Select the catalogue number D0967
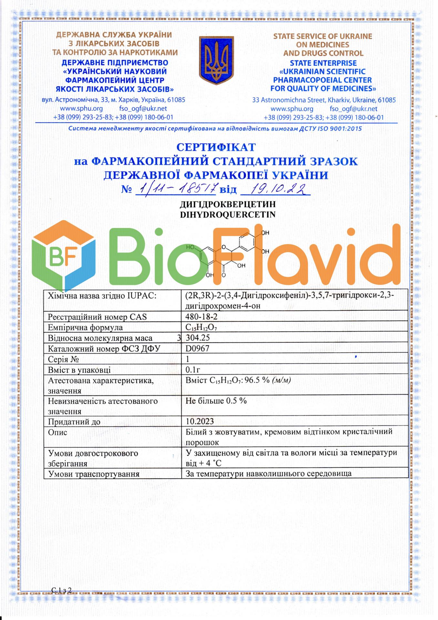pos(198,348)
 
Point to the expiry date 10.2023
pos(200,421)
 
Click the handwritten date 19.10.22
pos(275,189)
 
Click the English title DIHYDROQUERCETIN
pos(228,214)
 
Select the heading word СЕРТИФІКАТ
pos(216,147)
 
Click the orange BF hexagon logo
pos(64,255)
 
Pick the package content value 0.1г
pos(193,370)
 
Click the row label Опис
pos(57,432)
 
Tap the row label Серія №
pos(63,359)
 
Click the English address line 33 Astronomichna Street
pos(324,100)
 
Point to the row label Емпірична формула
pos(85,327)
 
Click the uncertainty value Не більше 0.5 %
pos(216,401)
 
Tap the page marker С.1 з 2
pos(61,590)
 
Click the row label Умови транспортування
pos(94,474)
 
